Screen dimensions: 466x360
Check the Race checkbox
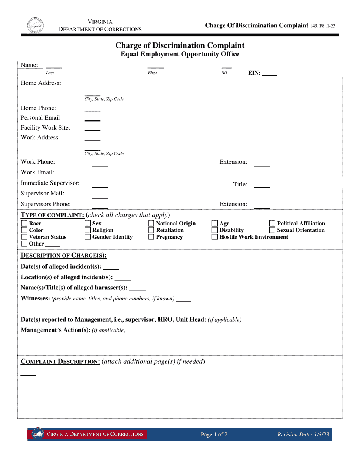(24, 224)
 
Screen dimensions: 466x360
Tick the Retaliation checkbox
(151, 230)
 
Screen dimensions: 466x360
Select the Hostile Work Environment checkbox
(214, 237)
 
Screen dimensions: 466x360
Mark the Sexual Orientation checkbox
(272, 230)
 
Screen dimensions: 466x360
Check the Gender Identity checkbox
(88, 237)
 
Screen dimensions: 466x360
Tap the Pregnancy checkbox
(151, 237)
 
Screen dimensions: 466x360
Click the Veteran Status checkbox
(24, 237)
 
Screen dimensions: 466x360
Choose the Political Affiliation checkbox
(272, 224)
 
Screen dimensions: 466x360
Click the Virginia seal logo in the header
(35, 25)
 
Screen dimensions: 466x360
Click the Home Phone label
(38, 108)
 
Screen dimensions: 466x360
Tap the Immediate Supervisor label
(50, 183)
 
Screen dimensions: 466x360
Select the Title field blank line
(261, 186)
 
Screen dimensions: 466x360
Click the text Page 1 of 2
(214, 435)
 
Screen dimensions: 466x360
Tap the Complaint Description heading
(60, 361)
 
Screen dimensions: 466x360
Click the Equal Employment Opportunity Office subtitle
(180, 54)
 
